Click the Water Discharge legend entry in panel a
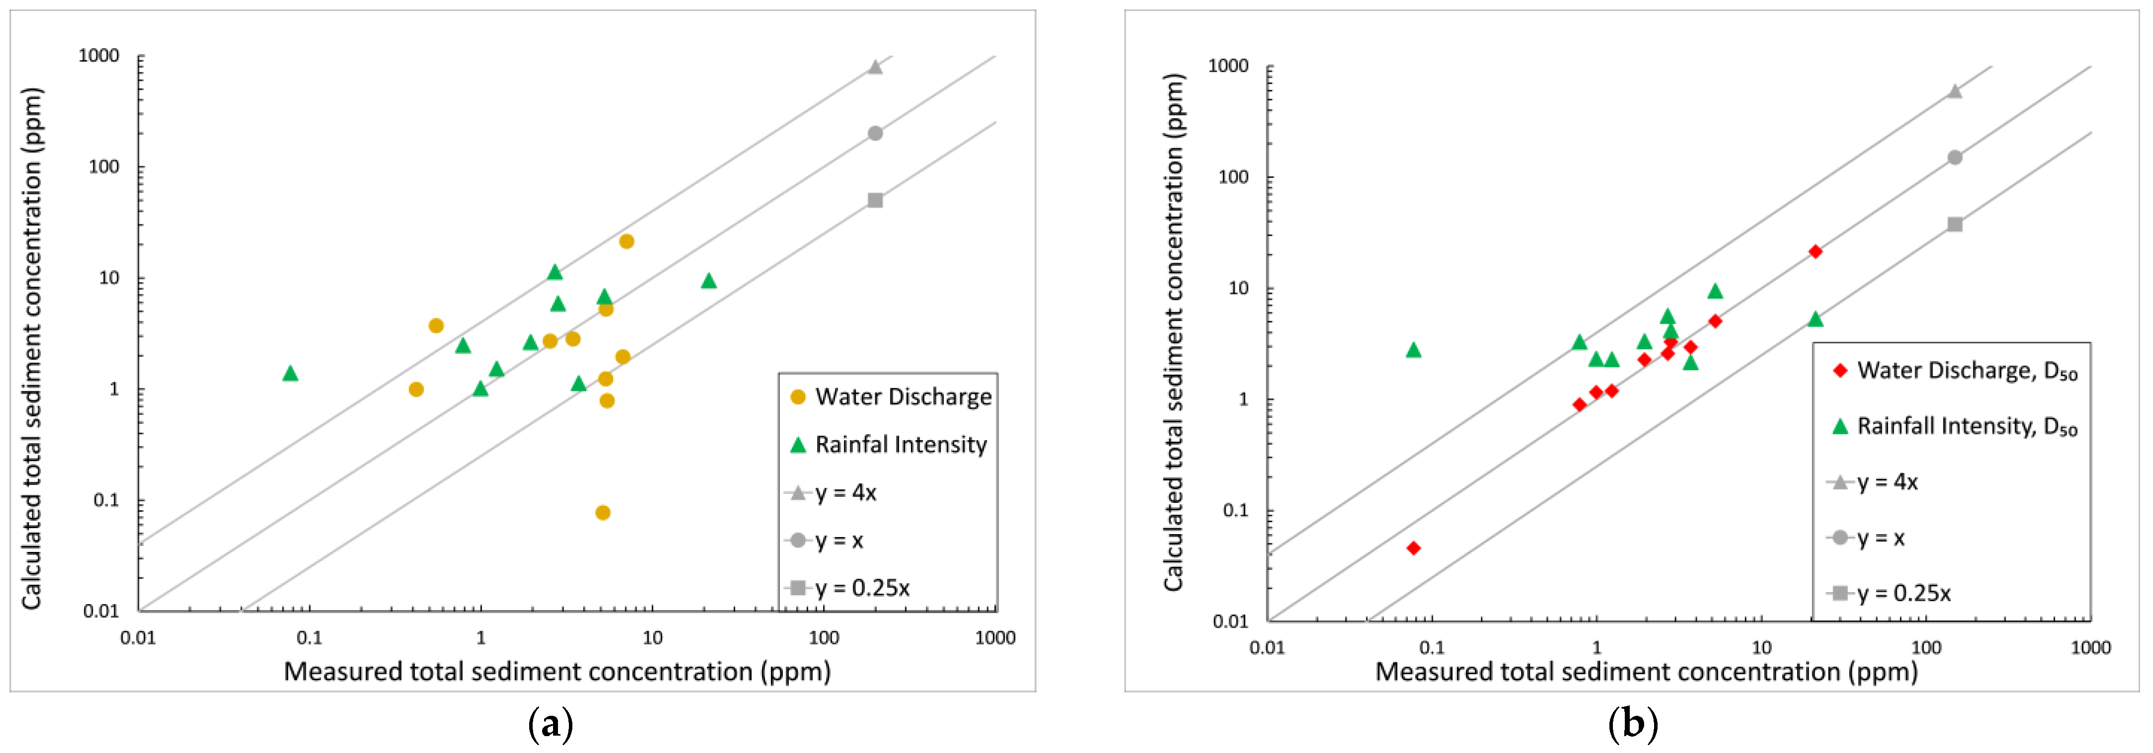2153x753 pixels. point(891,397)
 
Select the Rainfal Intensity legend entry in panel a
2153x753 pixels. point(889,445)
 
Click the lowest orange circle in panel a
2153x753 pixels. point(603,512)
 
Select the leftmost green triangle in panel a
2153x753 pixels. point(290,373)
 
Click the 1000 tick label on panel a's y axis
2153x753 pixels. point(99,56)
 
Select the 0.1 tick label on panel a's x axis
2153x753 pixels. point(309,638)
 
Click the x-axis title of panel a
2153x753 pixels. point(556,672)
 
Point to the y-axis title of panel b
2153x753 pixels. point(1174,333)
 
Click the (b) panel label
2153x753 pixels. point(1632,724)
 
